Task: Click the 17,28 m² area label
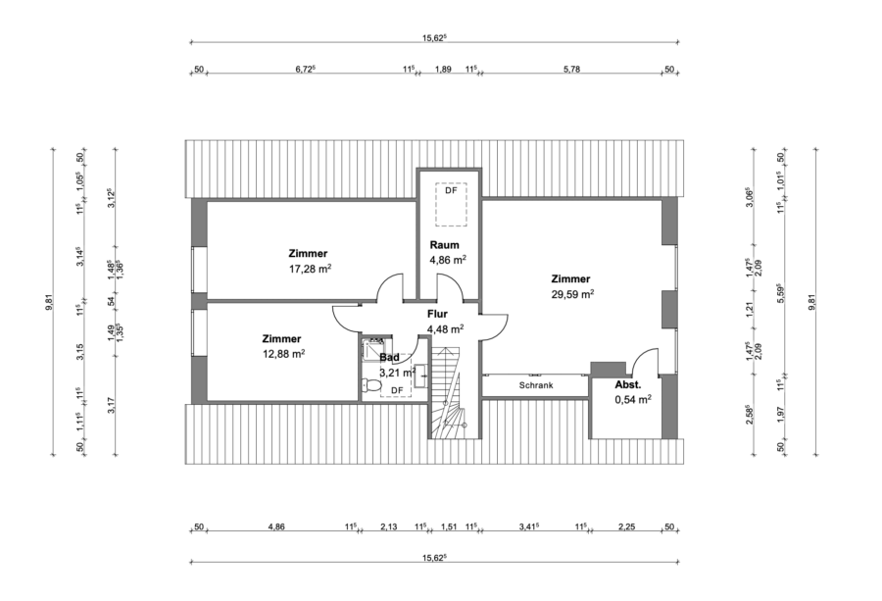(x=308, y=268)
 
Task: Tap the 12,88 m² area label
(x=283, y=354)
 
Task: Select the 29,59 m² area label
(x=572, y=293)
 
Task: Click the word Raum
(x=446, y=245)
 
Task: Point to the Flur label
(x=437, y=315)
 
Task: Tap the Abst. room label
(x=628, y=385)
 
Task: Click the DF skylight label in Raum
(x=451, y=191)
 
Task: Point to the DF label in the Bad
(x=397, y=390)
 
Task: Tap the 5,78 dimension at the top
(x=572, y=69)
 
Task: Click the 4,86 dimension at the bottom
(x=276, y=526)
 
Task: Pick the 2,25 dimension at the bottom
(x=626, y=526)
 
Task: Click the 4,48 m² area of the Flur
(x=445, y=329)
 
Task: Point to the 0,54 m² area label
(x=633, y=400)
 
